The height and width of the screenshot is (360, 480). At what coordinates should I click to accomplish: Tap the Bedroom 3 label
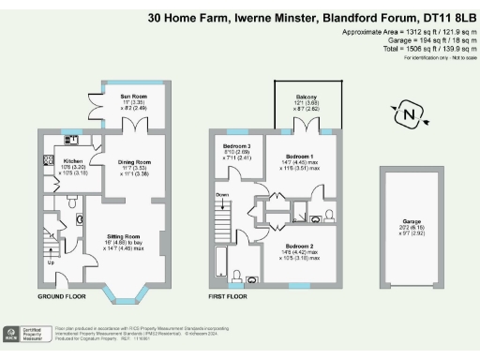pyautogui.click(x=234, y=148)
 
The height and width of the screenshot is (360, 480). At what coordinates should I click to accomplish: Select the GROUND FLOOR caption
pyautogui.click(x=64, y=296)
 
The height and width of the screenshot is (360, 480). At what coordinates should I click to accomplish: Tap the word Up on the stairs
pyautogui.click(x=51, y=262)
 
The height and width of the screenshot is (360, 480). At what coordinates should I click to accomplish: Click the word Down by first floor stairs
pyautogui.click(x=221, y=195)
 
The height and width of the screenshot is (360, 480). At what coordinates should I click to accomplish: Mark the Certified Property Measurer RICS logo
pyautogui.click(x=26, y=335)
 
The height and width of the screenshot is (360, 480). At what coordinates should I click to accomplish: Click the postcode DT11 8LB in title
pyautogui.click(x=435, y=17)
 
